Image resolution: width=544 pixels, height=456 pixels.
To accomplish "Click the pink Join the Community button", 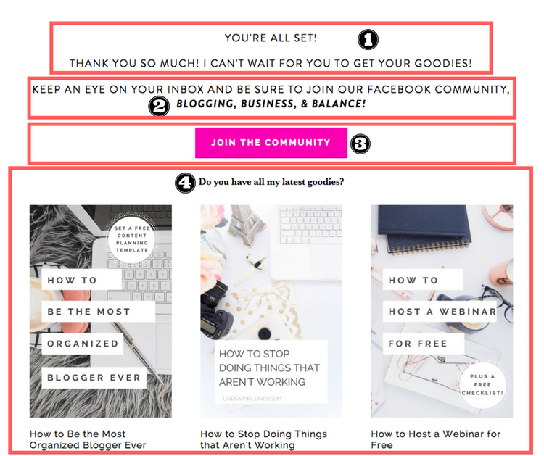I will [x=271, y=143].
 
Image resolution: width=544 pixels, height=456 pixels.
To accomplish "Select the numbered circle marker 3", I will [x=360, y=144].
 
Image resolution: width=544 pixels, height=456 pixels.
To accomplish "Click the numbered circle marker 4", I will [x=186, y=182].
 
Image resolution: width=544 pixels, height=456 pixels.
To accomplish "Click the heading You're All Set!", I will [x=271, y=38].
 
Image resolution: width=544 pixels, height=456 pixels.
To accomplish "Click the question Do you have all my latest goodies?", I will [x=271, y=182].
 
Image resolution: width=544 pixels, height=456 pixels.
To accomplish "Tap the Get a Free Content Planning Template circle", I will [x=131, y=236].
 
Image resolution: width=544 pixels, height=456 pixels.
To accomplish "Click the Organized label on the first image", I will [x=83, y=344].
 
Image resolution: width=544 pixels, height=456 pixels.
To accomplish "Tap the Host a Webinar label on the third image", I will [x=442, y=312].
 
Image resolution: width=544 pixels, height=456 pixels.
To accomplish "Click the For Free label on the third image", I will [x=418, y=344].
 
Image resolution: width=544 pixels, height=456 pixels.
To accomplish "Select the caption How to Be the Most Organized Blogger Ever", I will [x=88, y=439].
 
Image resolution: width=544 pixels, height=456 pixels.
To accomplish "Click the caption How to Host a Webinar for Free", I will [x=435, y=439].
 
